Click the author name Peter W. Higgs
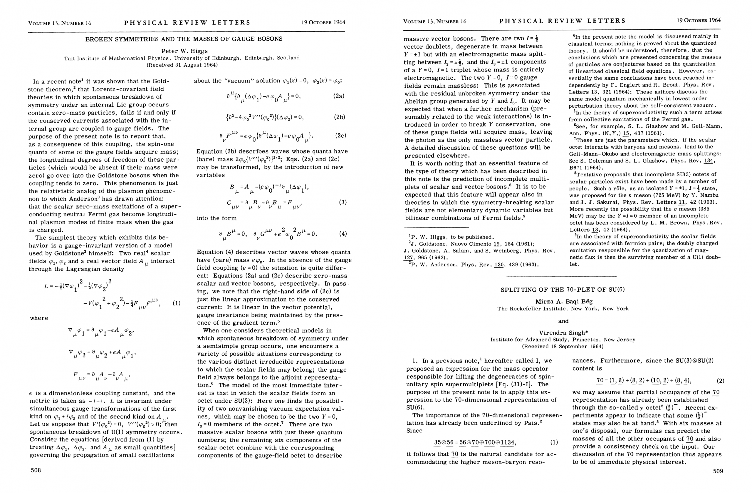tap(184, 51)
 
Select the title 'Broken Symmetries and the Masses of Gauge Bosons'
tap(184, 39)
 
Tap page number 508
tap(36, 470)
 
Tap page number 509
tap(718, 471)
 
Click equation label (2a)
tap(338, 96)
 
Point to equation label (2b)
tap(339, 117)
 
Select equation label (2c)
tap(340, 135)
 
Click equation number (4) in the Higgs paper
tap(343, 234)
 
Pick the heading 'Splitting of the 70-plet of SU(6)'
tap(563, 289)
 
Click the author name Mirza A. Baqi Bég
tap(564, 301)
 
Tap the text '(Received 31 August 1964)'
tap(182, 65)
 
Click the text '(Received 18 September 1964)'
tap(563, 346)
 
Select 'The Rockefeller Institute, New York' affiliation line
tap(563, 309)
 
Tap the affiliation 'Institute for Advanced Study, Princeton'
tap(563, 340)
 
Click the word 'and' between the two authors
tap(563, 321)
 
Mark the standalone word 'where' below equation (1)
tap(39, 318)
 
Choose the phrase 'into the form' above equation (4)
tap(216, 218)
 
